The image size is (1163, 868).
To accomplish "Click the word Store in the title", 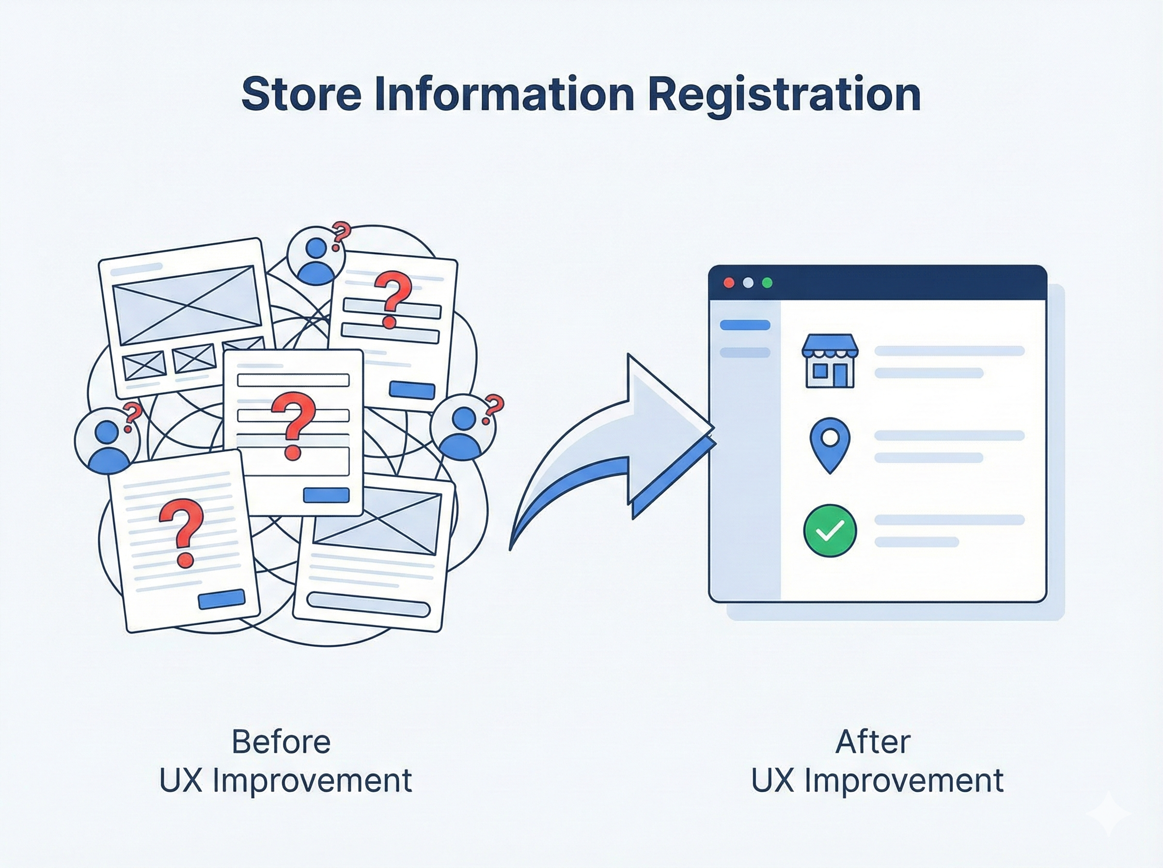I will [300, 94].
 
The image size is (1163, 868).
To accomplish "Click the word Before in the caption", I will [281, 742].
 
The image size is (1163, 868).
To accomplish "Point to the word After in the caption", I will [873, 742].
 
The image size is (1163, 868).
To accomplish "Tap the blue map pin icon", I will [830, 444].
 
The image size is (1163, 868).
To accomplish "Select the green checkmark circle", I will [830, 531].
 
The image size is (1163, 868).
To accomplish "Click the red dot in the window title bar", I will [729, 283].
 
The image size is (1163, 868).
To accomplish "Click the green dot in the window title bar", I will [767, 283].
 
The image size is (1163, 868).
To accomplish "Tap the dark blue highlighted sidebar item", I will [745, 325].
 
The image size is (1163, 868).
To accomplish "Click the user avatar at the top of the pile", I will [316, 257].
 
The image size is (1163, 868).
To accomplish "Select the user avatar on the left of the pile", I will [107, 439].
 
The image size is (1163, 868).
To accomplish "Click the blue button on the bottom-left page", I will [221, 600].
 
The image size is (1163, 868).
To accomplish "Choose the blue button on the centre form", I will [326, 495].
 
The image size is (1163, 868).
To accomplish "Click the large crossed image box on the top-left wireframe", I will [188, 304].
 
